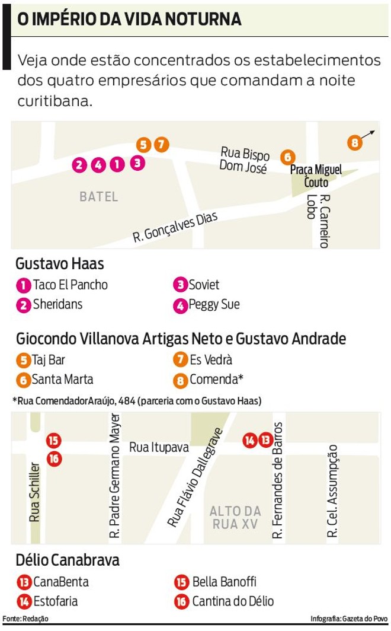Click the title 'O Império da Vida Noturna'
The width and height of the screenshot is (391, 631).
129,19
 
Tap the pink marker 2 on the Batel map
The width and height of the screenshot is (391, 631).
79,165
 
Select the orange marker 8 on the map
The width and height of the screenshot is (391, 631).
354,142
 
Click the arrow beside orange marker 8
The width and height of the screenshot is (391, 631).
368,134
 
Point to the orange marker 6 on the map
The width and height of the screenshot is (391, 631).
287,157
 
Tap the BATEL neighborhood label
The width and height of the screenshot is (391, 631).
99,196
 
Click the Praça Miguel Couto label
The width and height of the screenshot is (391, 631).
316,176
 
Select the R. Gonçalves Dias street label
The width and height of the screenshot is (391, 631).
176,228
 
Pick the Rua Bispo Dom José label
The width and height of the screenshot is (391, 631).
245,159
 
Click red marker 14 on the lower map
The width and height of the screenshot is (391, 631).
250,440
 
